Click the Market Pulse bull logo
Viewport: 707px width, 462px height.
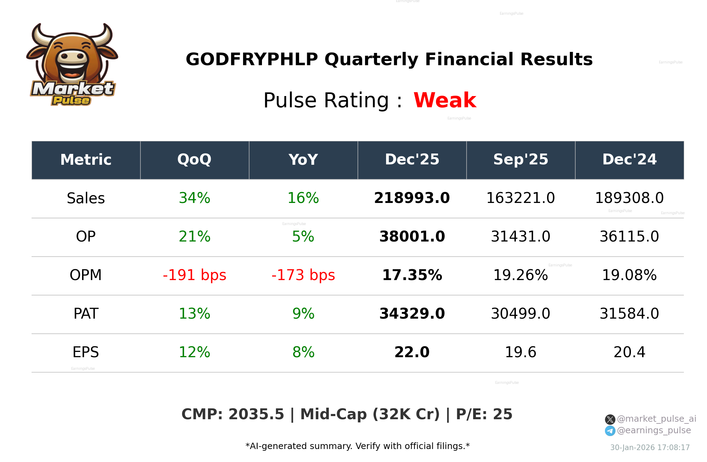click(x=72, y=65)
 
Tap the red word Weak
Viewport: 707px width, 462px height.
click(x=445, y=100)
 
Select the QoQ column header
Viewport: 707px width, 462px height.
click(x=194, y=160)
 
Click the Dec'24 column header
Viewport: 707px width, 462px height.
click(x=629, y=160)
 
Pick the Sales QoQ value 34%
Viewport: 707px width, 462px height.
click(x=194, y=198)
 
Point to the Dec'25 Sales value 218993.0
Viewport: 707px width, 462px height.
click(x=412, y=198)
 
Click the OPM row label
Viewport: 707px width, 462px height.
click(x=86, y=276)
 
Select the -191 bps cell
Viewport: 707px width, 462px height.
click(x=194, y=276)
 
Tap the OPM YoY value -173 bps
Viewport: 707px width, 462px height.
click(x=303, y=276)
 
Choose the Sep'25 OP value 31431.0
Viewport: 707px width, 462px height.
click(x=520, y=237)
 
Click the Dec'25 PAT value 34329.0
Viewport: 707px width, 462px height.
click(x=412, y=314)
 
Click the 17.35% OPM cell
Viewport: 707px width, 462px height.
click(x=412, y=276)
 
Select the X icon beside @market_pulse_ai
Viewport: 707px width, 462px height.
click(x=610, y=419)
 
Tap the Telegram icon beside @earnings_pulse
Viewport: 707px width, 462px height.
click(x=610, y=431)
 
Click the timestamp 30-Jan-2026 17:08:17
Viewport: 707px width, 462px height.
click(x=650, y=448)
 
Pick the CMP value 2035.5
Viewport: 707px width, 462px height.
click(x=256, y=414)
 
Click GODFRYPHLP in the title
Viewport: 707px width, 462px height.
click(x=251, y=60)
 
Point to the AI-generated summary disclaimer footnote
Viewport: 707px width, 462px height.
click(x=357, y=446)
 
